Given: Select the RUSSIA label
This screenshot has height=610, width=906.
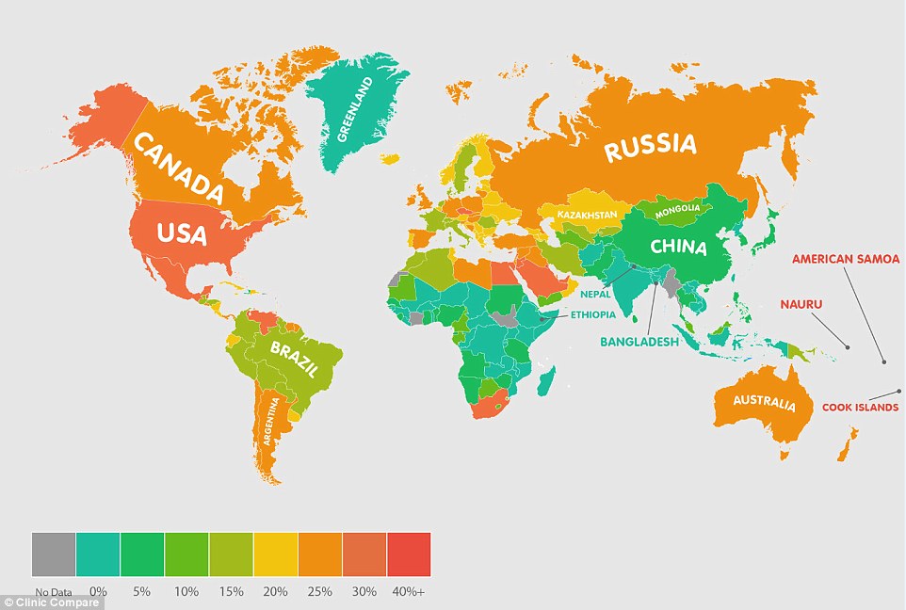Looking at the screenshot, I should coord(650,147).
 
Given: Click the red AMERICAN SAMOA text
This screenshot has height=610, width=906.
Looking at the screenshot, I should coord(846,259).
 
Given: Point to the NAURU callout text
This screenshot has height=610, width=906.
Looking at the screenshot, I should coord(802,304).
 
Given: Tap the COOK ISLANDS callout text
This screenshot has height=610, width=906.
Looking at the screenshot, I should coord(860,408).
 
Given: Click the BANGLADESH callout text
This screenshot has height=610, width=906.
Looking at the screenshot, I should coord(639,343).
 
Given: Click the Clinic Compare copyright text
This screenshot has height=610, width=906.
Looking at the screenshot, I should coord(52,602).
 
